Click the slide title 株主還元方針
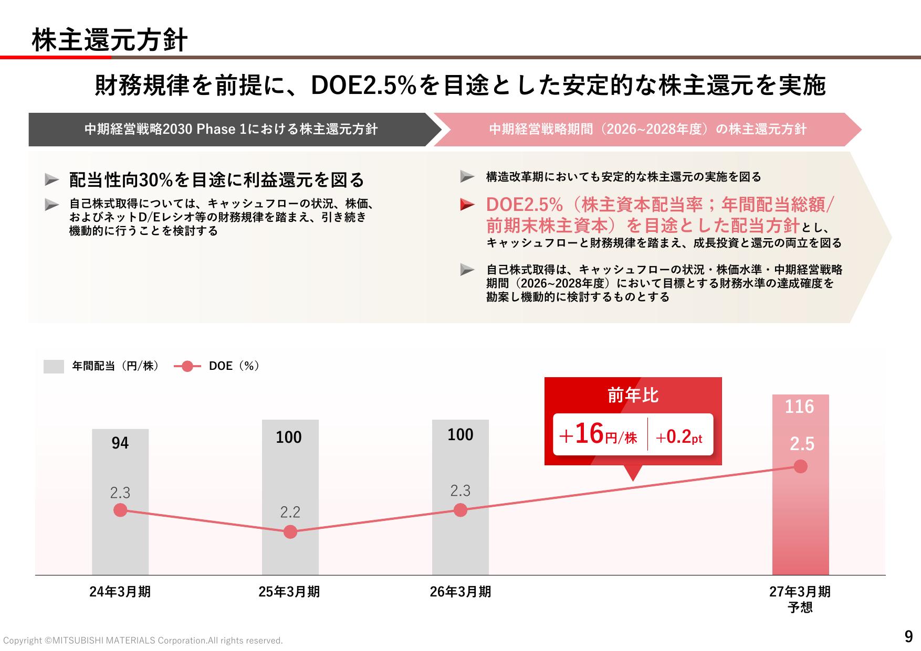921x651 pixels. [x=109, y=40]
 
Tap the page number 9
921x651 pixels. [x=909, y=636]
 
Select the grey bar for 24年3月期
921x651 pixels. [x=120, y=502]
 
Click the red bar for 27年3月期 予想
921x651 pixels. [x=800, y=485]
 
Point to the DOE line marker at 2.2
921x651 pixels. [x=290, y=532]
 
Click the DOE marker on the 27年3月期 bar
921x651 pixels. [x=800, y=466]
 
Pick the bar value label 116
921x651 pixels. [x=799, y=407]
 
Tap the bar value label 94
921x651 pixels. [x=120, y=443]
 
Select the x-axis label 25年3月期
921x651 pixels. [x=289, y=592]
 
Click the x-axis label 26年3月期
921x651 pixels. [x=460, y=592]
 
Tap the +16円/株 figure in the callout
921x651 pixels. [x=599, y=435]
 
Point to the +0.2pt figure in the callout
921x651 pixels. [x=679, y=436]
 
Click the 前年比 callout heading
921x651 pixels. [x=633, y=395]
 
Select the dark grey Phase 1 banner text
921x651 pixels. [x=231, y=129]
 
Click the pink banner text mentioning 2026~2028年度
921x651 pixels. [x=647, y=129]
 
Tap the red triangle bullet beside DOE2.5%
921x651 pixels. [x=467, y=205]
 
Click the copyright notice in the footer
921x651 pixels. [x=143, y=641]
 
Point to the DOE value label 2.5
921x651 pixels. [x=802, y=444]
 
